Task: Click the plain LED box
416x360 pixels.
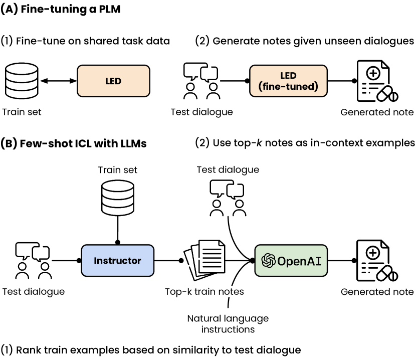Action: [x=113, y=81]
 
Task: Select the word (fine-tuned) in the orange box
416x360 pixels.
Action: [x=288, y=87]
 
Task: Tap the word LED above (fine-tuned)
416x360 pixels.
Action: [x=288, y=76]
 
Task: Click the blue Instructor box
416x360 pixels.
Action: [x=117, y=261]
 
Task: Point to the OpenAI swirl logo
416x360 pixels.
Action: [x=269, y=261]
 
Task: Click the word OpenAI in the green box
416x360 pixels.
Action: [x=299, y=261]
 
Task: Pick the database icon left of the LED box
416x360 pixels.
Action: [x=22, y=81]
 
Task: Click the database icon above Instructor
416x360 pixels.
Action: [x=118, y=198]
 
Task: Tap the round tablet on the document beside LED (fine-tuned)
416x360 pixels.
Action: [x=394, y=97]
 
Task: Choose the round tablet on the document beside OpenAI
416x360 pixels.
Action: [x=394, y=276]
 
